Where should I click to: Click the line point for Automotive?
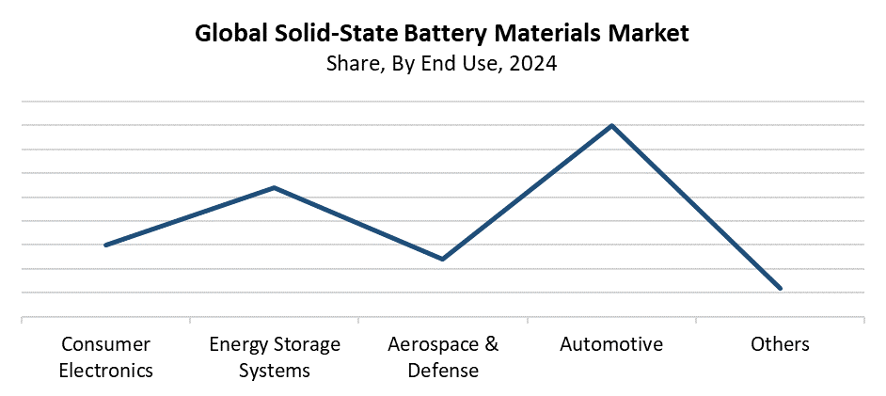pos(611,125)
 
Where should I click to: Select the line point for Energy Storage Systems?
pos(274,187)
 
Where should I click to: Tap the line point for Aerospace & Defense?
pos(442,259)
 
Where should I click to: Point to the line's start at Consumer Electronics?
pos(105,245)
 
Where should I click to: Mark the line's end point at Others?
pos(780,288)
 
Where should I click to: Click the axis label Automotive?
pos(611,344)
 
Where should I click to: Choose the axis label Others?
pos(780,344)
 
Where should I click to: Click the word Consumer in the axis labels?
pos(105,344)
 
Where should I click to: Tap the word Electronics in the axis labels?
pos(105,370)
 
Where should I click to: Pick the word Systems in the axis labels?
pos(274,370)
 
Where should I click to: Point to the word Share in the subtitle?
pos(351,65)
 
